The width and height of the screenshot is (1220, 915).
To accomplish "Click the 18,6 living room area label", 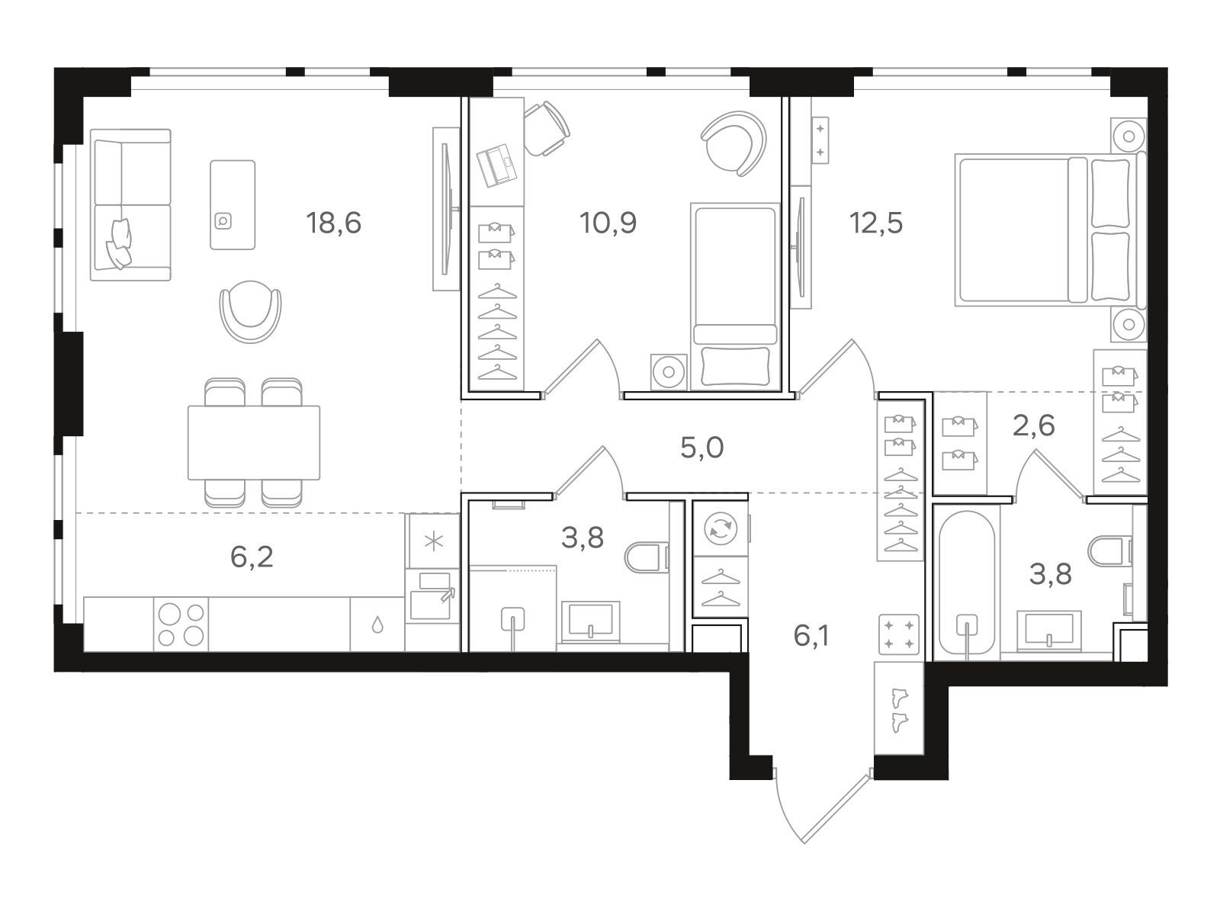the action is tap(333, 223).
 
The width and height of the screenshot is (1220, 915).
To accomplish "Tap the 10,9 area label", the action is tap(608, 223).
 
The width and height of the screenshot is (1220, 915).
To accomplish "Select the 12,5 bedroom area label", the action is tap(876, 223).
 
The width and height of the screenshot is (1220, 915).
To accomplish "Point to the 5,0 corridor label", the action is tap(702, 448).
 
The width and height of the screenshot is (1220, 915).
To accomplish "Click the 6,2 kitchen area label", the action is tap(252, 557).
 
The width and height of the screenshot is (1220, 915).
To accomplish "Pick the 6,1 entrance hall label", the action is tap(811, 636).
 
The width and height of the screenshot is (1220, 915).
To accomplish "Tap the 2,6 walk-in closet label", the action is tap(1033, 426).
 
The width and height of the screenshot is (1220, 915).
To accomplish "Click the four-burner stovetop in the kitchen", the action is tap(181, 624).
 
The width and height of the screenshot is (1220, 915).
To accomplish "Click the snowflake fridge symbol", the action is tap(433, 541).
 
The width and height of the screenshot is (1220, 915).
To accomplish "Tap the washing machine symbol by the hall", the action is tap(721, 528).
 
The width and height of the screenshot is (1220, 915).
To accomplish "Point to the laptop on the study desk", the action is tap(497, 165).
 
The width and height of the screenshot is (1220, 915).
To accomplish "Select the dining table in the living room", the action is tap(253, 443).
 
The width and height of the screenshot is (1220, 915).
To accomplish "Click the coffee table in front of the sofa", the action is tap(233, 205).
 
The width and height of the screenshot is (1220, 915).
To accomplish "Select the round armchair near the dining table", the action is tap(250, 311).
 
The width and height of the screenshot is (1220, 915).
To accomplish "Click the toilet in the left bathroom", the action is tap(647, 557).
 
